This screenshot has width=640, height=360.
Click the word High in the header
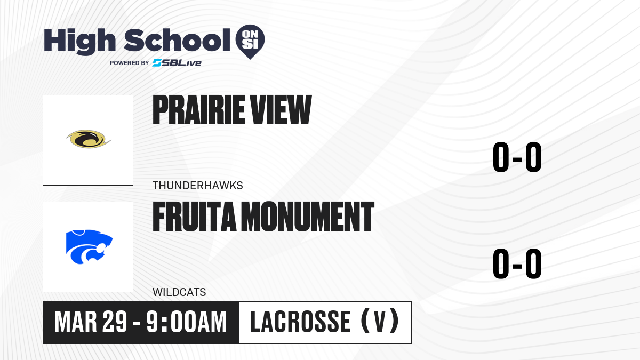click(x=79, y=41)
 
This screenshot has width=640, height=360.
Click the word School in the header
click(x=177, y=40)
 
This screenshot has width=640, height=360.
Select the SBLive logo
click(x=177, y=63)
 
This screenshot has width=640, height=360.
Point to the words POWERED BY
click(x=130, y=63)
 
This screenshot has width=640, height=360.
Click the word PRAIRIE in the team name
click(x=198, y=110)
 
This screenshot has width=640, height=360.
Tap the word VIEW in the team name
click(x=281, y=110)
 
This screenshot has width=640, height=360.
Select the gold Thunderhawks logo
click(x=89, y=139)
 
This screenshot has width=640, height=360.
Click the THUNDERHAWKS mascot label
click(x=198, y=186)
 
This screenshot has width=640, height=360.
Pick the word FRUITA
click(x=194, y=217)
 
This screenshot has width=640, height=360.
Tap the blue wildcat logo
click(x=89, y=247)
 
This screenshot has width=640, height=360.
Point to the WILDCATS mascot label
click(x=179, y=292)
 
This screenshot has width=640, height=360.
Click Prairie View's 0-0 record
click(x=517, y=157)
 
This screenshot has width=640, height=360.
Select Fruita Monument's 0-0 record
click(x=517, y=263)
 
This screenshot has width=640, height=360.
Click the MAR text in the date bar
click(x=76, y=322)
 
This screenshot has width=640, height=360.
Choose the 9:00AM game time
click(x=187, y=322)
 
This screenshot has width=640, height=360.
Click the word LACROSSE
click(x=300, y=322)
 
